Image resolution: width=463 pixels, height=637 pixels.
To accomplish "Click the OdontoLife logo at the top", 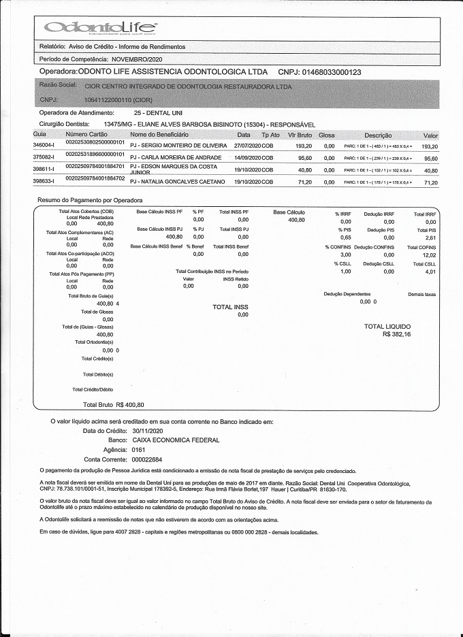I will pos(99,27).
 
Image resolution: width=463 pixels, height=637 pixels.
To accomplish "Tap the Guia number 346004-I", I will pos(44,146).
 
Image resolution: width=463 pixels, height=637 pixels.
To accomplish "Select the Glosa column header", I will pos(327,135).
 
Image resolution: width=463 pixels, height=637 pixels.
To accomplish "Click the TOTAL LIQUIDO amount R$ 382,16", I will pos(397,335).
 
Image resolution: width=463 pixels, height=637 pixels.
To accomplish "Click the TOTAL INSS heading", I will pos(231,307).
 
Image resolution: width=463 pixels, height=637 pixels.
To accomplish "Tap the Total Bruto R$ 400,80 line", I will pos(108,404).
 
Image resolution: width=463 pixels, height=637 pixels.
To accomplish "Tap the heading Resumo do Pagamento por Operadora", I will pos(90,201).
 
